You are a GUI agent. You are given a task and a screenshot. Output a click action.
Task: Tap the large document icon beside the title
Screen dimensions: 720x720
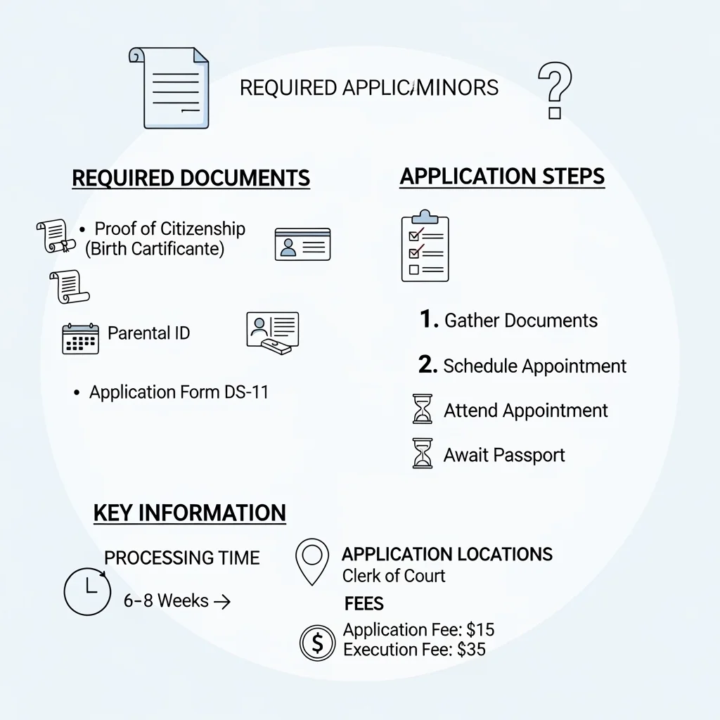[x=169, y=88]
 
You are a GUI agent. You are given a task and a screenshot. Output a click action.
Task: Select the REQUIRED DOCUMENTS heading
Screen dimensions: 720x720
[x=191, y=178]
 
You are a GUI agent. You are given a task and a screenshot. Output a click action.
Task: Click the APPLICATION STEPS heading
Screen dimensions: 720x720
[x=502, y=176]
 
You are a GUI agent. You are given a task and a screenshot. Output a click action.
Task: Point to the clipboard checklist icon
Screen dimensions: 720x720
[x=425, y=246]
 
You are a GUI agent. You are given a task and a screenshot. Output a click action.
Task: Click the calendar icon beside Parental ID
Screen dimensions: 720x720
[x=80, y=338]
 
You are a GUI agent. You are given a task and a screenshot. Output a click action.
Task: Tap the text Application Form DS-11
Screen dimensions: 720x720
[x=179, y=392]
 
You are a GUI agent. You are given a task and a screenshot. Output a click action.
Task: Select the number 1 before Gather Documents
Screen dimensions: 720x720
[x=429, y=319]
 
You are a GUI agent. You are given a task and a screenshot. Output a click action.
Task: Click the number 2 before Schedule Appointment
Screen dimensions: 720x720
[x=427, y=364]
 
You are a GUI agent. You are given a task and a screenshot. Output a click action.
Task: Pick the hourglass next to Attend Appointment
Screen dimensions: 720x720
[x=423, y=409]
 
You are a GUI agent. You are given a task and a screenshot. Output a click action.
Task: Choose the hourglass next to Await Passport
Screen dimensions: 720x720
[x=423, y=454]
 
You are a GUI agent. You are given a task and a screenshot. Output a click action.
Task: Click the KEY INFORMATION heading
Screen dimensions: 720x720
[x=190, y=513]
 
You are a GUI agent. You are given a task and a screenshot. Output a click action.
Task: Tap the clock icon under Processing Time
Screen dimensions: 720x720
[x=87, y=591]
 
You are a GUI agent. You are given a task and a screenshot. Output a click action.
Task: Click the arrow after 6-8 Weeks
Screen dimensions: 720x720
[x=222, y=602]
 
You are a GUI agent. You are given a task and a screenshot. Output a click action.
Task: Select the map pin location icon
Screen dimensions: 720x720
[x=312, y=562]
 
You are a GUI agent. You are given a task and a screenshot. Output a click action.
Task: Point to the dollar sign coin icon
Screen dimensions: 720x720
[x=317, y=643]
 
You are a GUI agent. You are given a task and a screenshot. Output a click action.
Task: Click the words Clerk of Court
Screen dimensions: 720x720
[x=394, y=576]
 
